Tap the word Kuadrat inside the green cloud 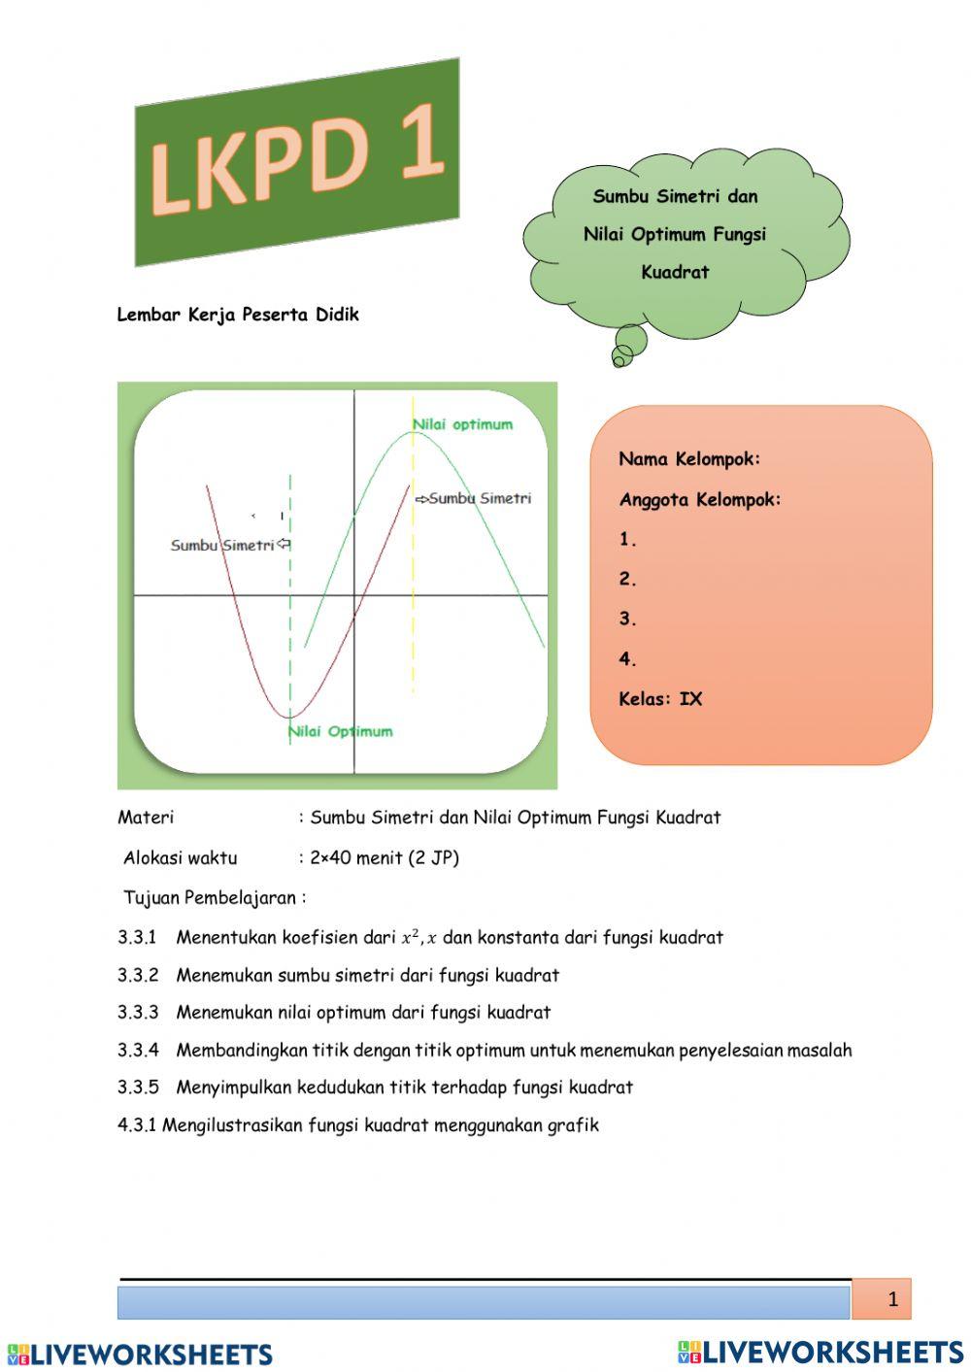675,273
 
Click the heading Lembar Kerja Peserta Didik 238,315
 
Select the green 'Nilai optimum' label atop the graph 462,424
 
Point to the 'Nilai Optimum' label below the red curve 341,731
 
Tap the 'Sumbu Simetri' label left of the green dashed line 222,545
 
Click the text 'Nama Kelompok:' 689,459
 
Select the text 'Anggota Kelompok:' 700,500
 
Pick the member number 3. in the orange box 628,619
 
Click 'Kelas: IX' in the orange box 660,699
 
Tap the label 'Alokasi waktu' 180,858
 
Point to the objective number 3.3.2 138,976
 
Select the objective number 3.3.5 138,1088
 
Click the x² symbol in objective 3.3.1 410,938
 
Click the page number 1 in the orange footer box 892,1299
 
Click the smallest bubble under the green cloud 618,360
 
